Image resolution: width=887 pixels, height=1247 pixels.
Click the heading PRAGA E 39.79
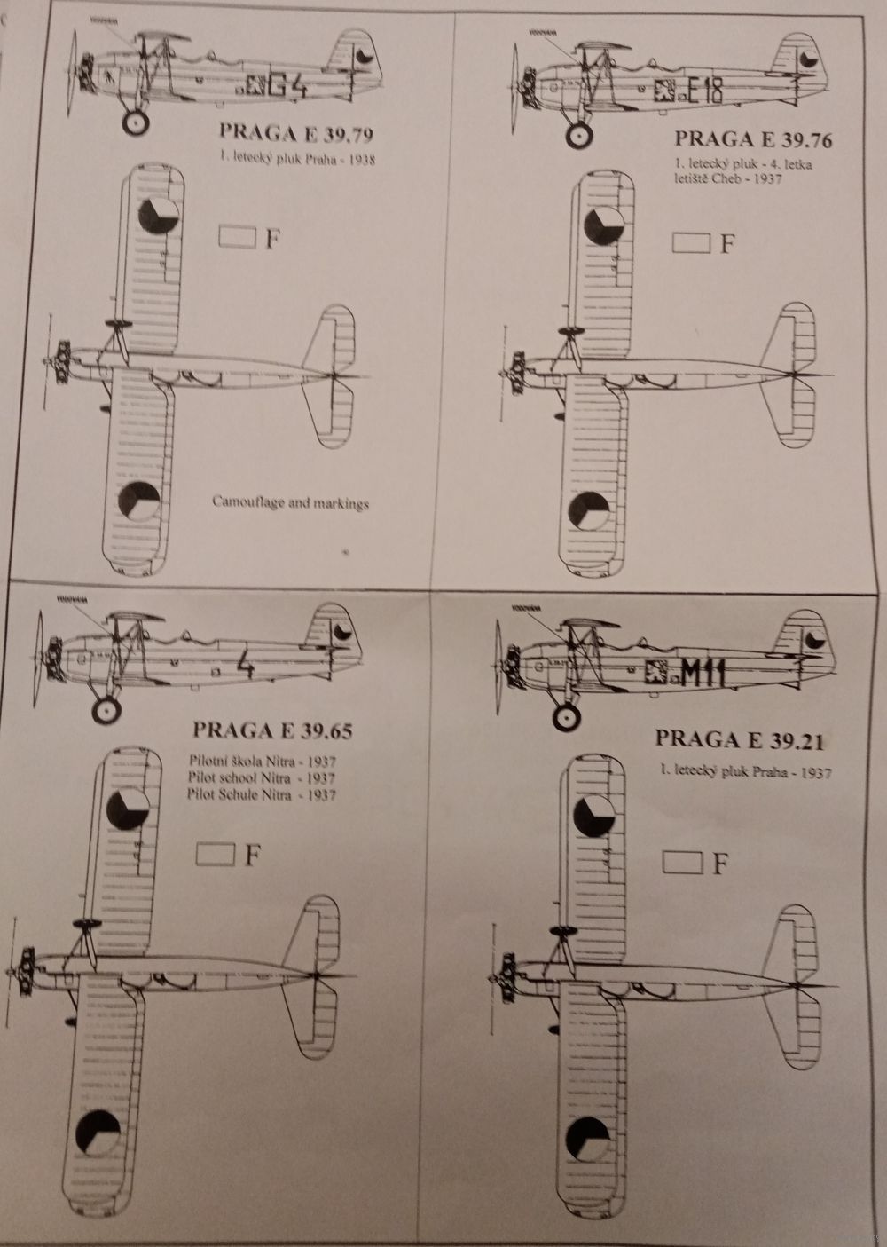pos(294,134)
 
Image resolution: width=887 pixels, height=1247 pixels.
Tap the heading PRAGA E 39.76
pos(753,139)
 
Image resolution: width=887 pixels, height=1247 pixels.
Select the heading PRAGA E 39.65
pos(272,731)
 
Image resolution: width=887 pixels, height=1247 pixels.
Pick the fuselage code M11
pos(701,676)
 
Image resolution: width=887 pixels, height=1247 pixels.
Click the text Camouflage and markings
pos(290,502)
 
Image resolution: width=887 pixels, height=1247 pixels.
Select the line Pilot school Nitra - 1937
pos(262,778)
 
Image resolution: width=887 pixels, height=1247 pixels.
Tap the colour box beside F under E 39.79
pos(238,236)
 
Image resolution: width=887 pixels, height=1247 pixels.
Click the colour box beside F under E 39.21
pos(683,862)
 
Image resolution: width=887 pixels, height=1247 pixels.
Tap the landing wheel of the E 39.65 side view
pos(106,709)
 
